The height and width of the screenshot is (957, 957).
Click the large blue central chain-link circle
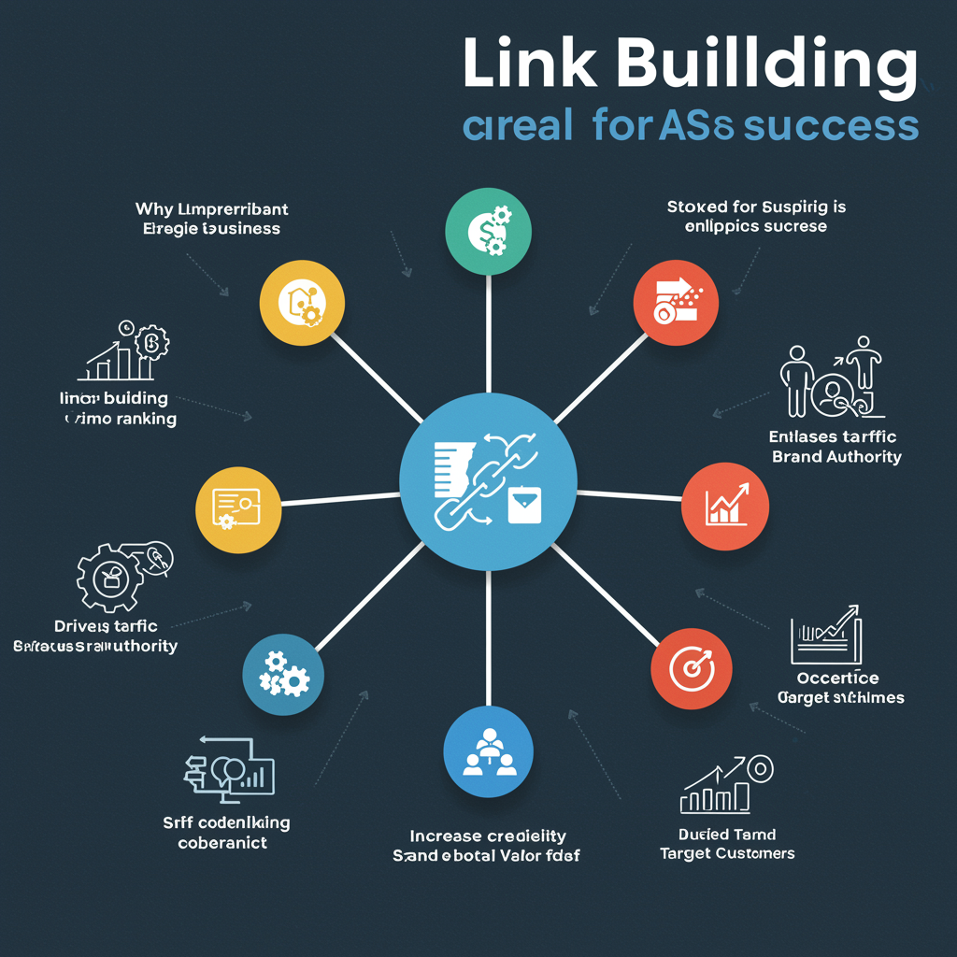(489, 482)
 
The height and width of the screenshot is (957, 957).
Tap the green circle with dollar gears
(488, 232)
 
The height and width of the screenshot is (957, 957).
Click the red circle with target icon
(693, 668)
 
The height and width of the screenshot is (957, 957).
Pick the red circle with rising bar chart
(725, 507)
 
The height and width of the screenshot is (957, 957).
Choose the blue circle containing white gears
(283, 674)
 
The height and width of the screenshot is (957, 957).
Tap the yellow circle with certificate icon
(237, 510)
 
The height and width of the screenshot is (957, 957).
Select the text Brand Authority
(836, 457)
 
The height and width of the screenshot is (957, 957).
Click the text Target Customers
(727, 853)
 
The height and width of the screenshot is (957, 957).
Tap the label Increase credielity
(488, 836)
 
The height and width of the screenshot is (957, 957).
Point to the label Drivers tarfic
(105, 626)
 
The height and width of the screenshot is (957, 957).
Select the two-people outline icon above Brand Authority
(830, 379)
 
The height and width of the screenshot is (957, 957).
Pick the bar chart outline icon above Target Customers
(725, 785)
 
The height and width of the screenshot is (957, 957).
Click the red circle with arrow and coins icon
(674, 301)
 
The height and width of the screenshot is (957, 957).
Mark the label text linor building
(113, 399)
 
